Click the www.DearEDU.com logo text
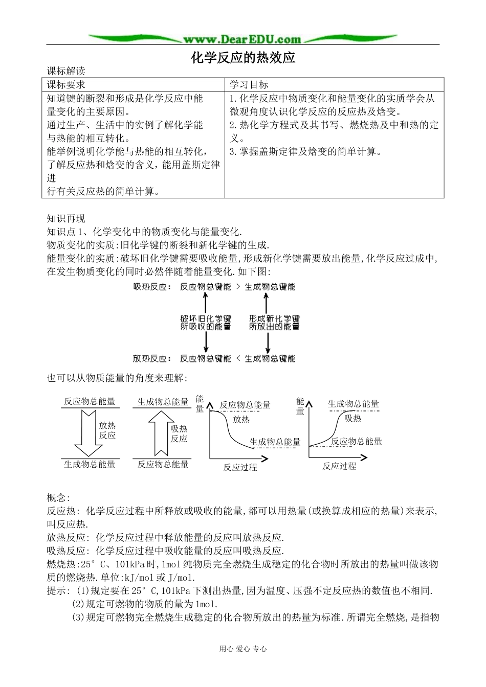point(242,39)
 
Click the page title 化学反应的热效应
point(243,57)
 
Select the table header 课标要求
point(67,85)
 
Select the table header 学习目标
point(249,85)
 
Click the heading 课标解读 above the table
point(66,72)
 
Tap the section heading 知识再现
point(66,219)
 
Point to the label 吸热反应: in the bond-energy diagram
point(152,287)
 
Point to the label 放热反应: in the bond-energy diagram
point(152,359)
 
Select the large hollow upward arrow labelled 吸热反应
point(161,432)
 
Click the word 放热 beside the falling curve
point(241,420)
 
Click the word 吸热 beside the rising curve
point(352,418)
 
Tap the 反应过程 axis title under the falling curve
point(240,467)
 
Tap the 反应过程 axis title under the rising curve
point(339,466)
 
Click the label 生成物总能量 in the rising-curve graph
point(354,404)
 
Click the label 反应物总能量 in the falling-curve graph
point(245,405)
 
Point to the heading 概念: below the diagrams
point(58,497)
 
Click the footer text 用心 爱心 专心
point(243,649)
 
